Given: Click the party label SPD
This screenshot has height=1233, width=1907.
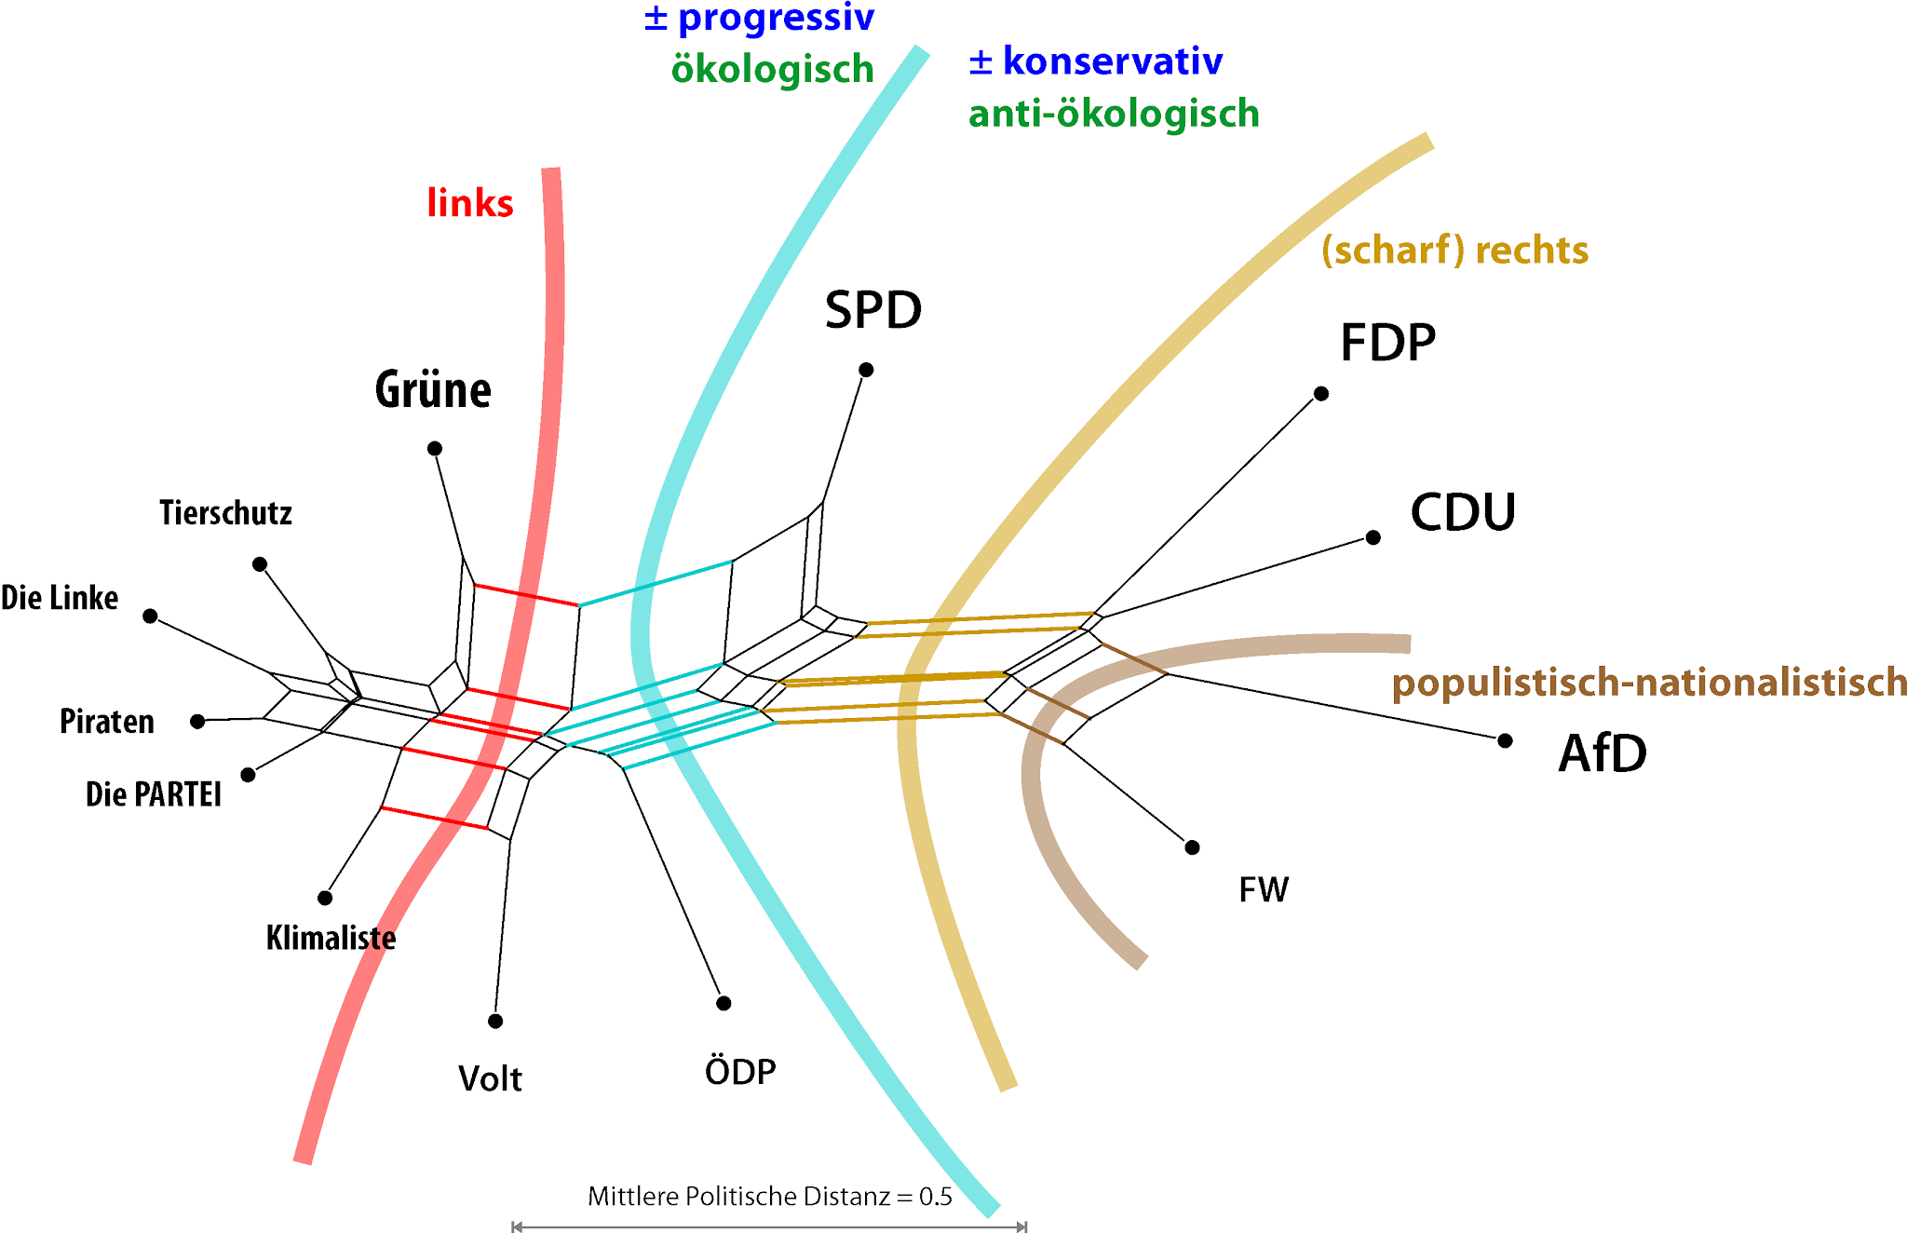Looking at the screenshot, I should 872,310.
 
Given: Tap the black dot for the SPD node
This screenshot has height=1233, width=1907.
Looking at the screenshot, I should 866,370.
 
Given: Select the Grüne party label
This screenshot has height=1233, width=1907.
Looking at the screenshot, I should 433,390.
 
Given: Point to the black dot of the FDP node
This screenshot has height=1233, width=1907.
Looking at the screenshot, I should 1321,394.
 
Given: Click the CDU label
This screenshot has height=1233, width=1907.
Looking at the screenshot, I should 1463,513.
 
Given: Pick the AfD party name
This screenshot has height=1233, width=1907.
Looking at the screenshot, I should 1603,753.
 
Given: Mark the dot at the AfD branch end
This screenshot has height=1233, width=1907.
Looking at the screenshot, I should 1506,741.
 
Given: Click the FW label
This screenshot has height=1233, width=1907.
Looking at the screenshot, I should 1264,890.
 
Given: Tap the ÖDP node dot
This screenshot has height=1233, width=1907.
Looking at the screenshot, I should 724,1003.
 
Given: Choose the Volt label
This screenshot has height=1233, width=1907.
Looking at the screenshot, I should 490,1078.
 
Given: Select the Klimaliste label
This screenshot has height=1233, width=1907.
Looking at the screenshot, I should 331,938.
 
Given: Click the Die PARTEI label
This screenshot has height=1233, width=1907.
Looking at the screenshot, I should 154,794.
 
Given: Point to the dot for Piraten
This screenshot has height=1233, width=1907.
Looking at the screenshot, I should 197,722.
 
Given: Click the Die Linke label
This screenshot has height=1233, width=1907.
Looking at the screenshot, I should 60,598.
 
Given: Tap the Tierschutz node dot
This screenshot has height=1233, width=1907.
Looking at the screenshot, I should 260,564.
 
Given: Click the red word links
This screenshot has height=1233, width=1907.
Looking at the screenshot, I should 470,203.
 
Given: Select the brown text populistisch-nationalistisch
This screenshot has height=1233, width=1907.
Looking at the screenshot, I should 1649,683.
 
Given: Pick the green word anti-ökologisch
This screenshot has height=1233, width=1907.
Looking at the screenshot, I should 1114,114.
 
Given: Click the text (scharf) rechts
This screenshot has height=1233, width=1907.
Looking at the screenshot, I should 1454,251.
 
